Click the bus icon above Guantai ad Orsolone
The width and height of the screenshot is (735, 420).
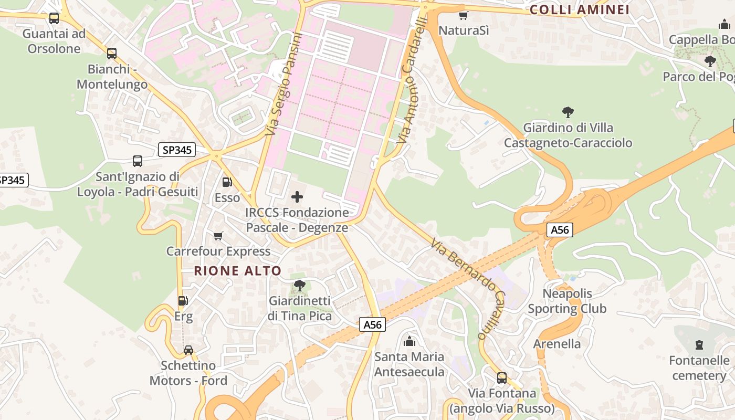(54, 18)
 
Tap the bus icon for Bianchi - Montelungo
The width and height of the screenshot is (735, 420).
(111, 54)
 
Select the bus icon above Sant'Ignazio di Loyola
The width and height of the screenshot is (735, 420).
(137, 161)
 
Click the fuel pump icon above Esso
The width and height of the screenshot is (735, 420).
(227, 182)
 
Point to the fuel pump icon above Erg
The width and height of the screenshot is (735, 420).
(183, 301)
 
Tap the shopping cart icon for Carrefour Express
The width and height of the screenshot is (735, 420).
(218, 236)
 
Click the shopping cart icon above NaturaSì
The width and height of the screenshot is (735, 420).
(463, 15)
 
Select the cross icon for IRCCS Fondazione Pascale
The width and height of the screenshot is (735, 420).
(297, 197)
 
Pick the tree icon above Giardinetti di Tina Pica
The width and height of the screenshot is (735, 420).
(299, 286)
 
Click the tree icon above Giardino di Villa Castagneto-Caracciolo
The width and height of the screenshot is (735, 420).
(568, 112)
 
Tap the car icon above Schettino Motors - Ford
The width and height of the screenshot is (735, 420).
(188, 350)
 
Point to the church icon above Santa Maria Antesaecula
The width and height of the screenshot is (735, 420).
(409, 342)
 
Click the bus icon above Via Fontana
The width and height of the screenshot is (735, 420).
(502, 377)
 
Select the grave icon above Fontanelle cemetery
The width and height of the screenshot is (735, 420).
(699, 345)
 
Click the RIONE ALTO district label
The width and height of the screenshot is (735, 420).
(238, 271)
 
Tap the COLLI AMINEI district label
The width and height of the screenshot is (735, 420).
(580, 9)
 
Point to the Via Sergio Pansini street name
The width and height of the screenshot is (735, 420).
(283, 84)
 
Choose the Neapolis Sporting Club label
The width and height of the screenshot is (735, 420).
(567, 301)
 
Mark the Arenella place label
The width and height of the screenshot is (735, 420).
(557, 344)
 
